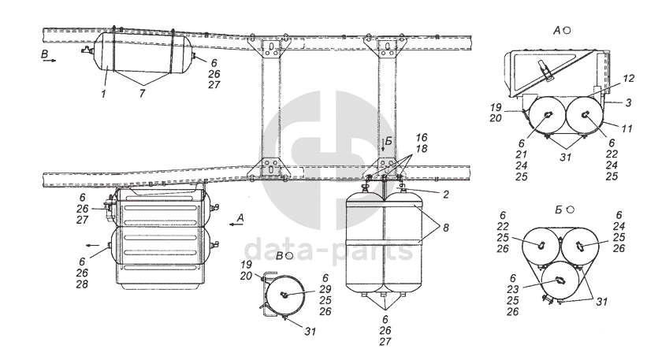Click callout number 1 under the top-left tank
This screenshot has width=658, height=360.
tap(104, 93)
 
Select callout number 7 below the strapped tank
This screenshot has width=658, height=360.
tap(143, 93)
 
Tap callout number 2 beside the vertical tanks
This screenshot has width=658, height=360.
tap(446, 195)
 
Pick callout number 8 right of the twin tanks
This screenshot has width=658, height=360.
tap(446, 228)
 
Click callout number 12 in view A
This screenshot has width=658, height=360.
tap(629, 79)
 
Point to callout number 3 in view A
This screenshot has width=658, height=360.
tap(628, 102)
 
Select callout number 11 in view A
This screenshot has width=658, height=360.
tap(627, 128)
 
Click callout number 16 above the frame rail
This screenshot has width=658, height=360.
tap(422, 138)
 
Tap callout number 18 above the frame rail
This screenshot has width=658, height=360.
tap(422, 149)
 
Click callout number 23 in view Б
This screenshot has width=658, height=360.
tap(513, 289)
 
